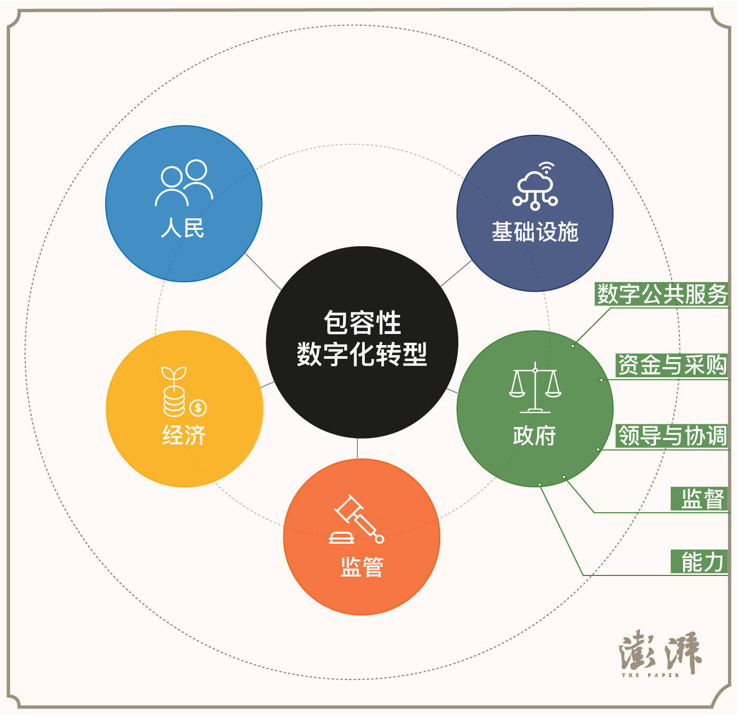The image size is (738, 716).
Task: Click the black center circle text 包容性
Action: [x=362, y=322]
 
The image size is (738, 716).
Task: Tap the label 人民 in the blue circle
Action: [x=183, y=228]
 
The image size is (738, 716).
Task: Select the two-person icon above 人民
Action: [x=185, y=183]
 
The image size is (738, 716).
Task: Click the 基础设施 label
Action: [x=534, y=231]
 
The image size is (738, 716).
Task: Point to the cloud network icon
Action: [x=535, y=186]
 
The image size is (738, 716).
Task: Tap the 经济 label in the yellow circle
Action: [x=183, y=435]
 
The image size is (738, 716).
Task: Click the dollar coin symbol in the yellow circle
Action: [x=198, y=408]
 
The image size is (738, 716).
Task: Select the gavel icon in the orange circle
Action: [x=356, y=519]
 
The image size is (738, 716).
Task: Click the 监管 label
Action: [x=362, y=567]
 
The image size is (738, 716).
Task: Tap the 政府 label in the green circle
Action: [x=534, y=435]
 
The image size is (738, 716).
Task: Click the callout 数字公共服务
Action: [x=662, y=294]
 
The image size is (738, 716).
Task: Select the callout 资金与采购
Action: [x=672, y=365]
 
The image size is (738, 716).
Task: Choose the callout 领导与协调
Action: [x=672, y=435]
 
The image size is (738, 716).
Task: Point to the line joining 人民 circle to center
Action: [x=263, y=272]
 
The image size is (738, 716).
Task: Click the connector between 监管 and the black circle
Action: [x=357, y=448]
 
